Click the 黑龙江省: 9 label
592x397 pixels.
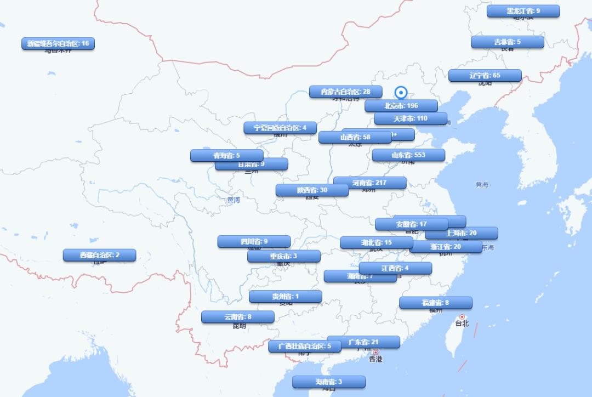[523, 11]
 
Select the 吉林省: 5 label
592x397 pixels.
[507, 42]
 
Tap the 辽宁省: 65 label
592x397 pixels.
[485, 76]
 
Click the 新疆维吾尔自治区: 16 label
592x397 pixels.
[58, 44]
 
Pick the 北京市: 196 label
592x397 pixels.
[401, 106]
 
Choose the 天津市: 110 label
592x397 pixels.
[410, 118]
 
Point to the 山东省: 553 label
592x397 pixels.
[408, 155]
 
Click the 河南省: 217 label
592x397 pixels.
[369, 183]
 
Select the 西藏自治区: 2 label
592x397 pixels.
[99, 256]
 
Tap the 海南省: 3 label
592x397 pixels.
[328, 382]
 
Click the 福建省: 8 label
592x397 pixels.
[435, 303]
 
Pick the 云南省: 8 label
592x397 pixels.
[237, 317]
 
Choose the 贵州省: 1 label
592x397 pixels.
[285, 297]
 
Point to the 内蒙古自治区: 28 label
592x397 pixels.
[345, 92]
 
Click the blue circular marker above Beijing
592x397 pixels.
[401, 93]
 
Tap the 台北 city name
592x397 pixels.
[462, 324]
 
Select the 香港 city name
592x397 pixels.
[375, 359]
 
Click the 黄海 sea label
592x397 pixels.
[482, 185]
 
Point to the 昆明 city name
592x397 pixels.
[240, 326]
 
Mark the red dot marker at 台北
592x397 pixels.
[462, 317]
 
